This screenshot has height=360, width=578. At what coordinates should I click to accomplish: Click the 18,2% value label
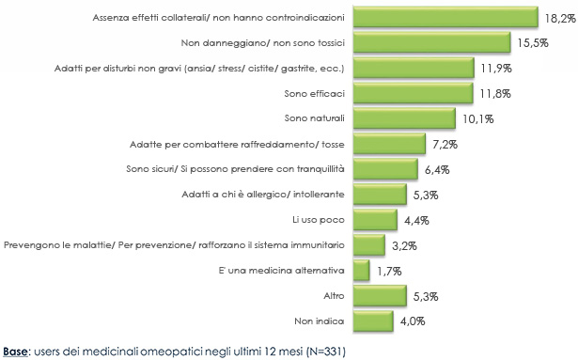click(x=555, y=17)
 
